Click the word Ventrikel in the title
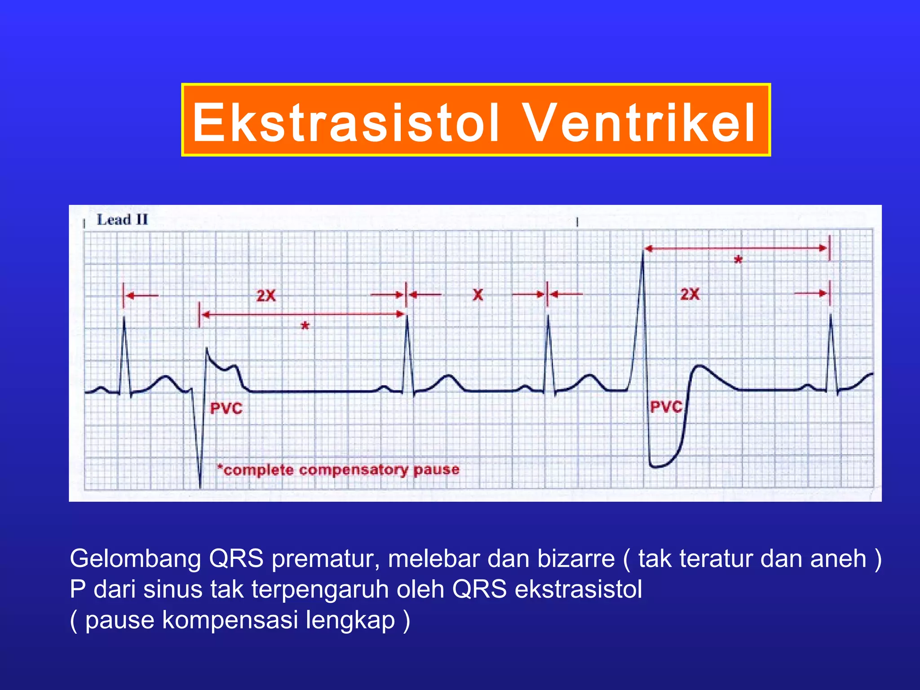640,122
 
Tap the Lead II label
122,220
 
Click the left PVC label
226,408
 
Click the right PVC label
666,407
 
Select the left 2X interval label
266,296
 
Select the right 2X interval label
690,294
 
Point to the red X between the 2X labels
478,295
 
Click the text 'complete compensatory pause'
341,470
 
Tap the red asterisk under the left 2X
305,326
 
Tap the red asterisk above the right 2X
738,260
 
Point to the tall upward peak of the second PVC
643,254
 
